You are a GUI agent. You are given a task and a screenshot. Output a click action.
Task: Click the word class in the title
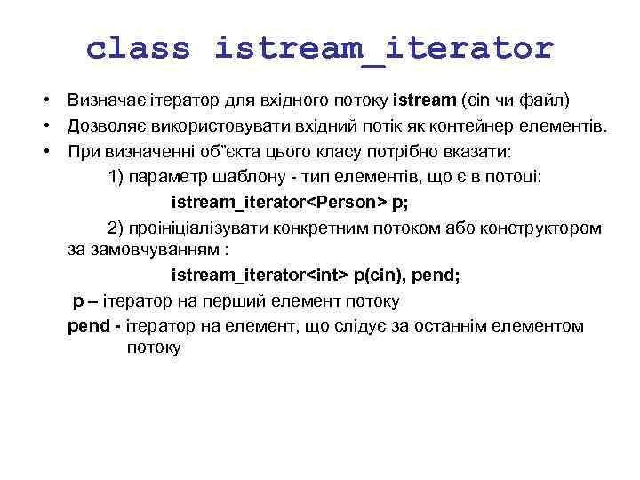[138, 47]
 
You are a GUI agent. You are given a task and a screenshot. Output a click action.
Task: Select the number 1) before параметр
[116, 177]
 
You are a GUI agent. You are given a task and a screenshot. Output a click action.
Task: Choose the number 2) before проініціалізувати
[116, 227]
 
